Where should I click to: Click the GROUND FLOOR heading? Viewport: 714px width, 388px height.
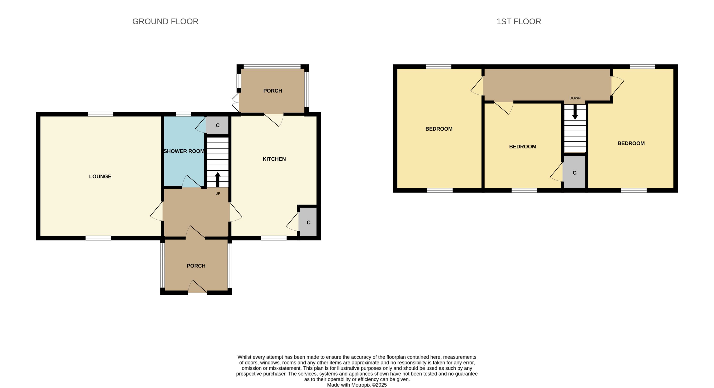[165, 21]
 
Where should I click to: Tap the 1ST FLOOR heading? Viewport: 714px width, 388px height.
[519, 21]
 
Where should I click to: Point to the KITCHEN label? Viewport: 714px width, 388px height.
[274, 159]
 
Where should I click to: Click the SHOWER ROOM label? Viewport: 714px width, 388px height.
[184, 151]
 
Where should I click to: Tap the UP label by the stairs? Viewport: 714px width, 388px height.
[218, 193]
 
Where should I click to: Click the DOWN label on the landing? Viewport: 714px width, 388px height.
[575, 98]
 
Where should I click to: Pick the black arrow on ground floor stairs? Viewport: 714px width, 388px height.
[218, 180]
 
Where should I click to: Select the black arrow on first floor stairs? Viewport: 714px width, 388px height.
[575, 112]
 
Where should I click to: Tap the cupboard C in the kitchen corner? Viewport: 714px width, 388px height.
[308, 222]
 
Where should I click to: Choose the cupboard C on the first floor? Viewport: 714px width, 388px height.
[574, 173]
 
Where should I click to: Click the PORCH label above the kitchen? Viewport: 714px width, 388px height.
[273, 91]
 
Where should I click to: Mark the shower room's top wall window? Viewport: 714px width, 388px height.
[183, 114]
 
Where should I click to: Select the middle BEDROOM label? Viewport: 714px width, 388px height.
[522, 147]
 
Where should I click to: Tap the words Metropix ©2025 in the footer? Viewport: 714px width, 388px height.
[369, 385]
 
